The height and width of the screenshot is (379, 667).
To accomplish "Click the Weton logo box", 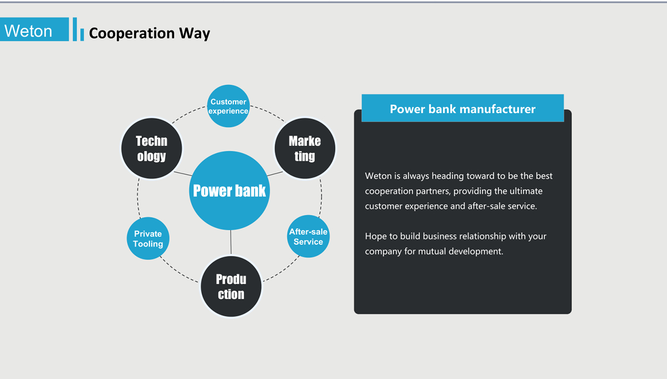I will (x=34, y=29).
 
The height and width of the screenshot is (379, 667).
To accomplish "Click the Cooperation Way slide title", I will (x=149, y=33).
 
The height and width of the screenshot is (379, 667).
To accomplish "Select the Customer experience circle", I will (x=228, y=106).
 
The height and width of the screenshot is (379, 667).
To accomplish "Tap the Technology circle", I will (x=152, y=149).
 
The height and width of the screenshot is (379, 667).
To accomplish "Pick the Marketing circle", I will (x=305, y=149).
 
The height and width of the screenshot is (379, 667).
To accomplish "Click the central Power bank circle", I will (x=230, y=191).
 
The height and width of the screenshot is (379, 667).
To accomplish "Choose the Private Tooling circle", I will (x=148, y=239).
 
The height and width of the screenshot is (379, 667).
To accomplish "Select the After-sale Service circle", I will (x=308, y=237).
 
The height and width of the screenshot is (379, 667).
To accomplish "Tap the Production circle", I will (x=231, y=287).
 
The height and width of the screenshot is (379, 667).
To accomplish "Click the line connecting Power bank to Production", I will (x=231, y=243).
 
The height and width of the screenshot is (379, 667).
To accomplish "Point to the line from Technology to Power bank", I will (x=183, y=174).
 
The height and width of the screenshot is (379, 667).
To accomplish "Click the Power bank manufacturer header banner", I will (x=462, y=109).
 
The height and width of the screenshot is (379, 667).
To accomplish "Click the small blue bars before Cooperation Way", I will (x=78, y=31).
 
